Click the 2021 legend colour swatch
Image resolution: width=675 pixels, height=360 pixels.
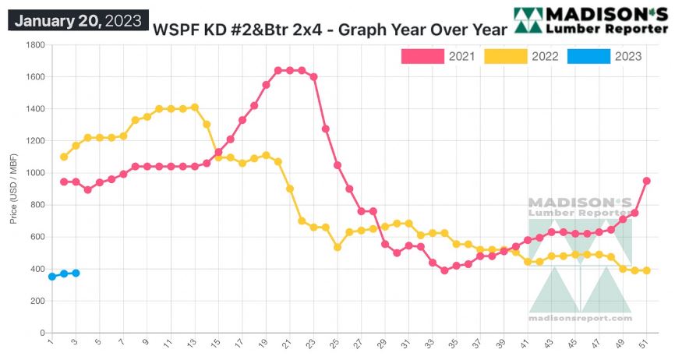click(422, 56)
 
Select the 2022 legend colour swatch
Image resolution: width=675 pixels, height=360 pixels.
click(505, 56)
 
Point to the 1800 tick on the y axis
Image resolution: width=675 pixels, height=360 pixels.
click(35, 44)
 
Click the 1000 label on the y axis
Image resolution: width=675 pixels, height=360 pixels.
click(35, 173)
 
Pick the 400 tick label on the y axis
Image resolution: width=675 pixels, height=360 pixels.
click(37, 269)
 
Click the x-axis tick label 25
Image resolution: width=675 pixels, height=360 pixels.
click(337, 342)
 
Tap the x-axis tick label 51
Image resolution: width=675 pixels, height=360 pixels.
click(646, 342)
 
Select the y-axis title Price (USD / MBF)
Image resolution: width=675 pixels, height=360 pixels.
click(13, 188)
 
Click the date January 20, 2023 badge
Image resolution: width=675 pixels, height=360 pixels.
click(77, 21)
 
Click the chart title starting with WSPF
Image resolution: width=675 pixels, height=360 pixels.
click(330, 30)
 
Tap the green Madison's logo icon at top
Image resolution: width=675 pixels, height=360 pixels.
click(529, 21)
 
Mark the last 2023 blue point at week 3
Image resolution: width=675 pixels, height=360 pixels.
click(76, 273)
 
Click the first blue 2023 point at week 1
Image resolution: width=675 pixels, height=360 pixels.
click(51, 277)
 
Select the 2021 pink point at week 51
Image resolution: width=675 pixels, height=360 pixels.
click(646, 181)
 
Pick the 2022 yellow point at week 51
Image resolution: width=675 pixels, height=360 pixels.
click(646, 270)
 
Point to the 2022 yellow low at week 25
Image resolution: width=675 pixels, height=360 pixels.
click(337, 247)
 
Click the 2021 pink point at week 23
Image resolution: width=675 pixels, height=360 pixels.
click(313, 77)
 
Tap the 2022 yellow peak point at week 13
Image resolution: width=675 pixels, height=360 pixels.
click(195, 108)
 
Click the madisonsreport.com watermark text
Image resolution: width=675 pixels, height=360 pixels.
click(581, 319)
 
